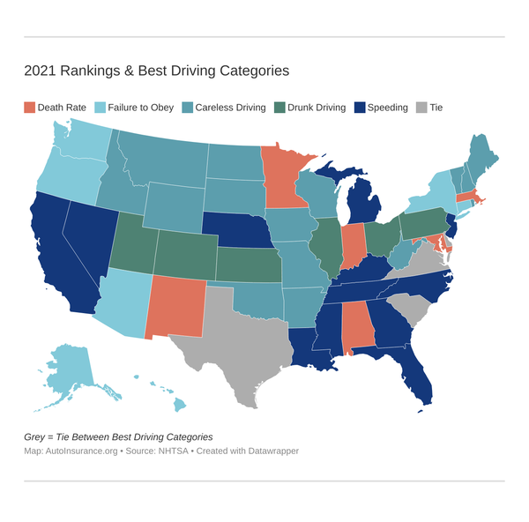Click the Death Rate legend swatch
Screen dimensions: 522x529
(29, 108)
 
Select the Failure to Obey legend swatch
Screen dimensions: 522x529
(101, 108)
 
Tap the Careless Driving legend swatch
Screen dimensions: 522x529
(187, 108)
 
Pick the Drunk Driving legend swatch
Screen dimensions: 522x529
(280, 108)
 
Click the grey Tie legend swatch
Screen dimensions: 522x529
(421, 108)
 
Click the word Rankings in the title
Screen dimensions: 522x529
(90, 70)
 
